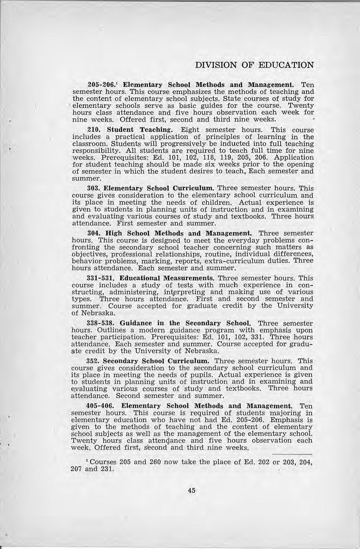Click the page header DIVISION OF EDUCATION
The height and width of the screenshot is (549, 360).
coord(254,65)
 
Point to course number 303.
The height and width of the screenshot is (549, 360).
coord(94,188)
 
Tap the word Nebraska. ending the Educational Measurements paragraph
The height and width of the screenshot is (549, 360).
coord(92,313)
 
